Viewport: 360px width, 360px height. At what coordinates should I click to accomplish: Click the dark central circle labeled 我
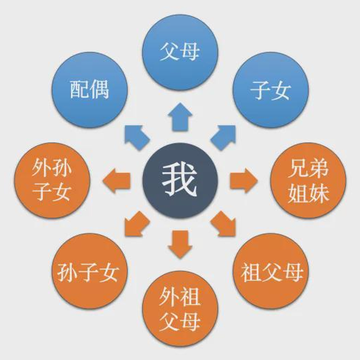pyautogui.click(x=180, y=180)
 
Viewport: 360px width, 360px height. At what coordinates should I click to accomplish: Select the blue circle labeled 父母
pyautogui.click(x=180, y=52)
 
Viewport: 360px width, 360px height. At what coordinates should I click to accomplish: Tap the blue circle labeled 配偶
pyautogui.click(x=89, y=90)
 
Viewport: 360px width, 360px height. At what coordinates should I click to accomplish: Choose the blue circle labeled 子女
pyautogui.click(x=271, y=90)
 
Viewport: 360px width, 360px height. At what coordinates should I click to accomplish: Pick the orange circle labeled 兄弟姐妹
pyautogui.click(x=308, y=180)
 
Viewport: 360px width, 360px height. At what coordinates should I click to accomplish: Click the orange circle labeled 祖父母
pyautogui.click(x=271, y=271)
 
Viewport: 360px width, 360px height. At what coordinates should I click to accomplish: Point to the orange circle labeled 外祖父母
pyautogui.click(x=180, y=309)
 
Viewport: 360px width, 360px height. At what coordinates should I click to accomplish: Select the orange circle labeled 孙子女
pyautogui.click(x=89, y=271)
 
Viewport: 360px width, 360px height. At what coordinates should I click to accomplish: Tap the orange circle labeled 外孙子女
pyautogui.click(x=52, y=180)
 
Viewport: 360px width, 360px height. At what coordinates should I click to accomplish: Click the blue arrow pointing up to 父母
pyautogui.click(x=180, y=117)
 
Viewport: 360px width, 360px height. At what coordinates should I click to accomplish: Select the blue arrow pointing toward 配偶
pyautogui.click(x=136, y=137)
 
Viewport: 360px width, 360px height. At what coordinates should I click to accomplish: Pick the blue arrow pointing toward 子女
pyautogui.click(x=224, y=137)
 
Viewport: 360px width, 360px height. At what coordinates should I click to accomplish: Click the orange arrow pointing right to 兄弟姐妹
pyautogui.click(x=244, y=181)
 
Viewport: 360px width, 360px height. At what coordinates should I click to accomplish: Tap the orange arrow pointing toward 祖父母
pyautogui.click(x=224, y=224)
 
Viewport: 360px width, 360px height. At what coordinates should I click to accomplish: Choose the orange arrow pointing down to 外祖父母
pyautogui.click(x=180, y=244)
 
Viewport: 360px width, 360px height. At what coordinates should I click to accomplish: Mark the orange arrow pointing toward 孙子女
pyautogui.click(x=136, y=224)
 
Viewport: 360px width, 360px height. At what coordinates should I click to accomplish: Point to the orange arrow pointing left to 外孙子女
pyautogui.click(x=116, y=181)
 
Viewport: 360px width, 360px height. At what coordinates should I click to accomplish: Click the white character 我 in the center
pyautogui.click(x=179, y=180)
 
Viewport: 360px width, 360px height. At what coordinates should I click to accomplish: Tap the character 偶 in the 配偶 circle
pyautogui.click(x=99, y=89)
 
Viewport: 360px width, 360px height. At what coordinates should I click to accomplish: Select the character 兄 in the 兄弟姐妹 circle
pyautogui.click(x=299, y=168)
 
